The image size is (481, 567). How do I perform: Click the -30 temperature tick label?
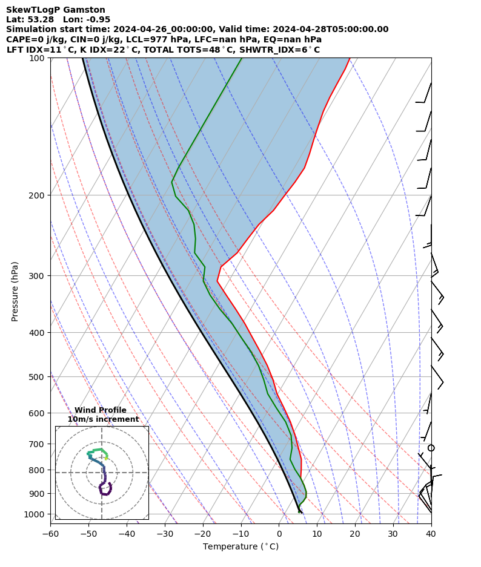165,533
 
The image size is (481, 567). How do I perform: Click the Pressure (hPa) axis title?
15,291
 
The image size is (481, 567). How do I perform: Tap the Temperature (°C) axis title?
240,547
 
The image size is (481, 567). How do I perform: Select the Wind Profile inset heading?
101,410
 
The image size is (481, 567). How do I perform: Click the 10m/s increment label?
103,419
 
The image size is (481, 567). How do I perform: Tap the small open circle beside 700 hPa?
431,448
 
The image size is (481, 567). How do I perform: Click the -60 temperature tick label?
50,533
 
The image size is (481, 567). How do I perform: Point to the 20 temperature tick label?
355,533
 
